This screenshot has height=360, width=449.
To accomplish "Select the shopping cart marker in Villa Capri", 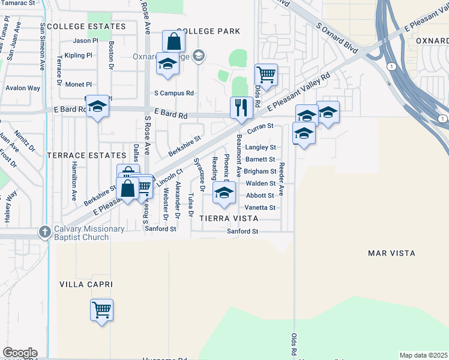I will point(102,310).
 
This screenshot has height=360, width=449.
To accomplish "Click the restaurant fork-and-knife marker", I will point(241,108).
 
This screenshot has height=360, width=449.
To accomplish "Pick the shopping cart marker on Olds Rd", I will point(265,76).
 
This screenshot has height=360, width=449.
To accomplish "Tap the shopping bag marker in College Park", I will point(173,42).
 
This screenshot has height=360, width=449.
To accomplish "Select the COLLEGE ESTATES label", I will point(86,26).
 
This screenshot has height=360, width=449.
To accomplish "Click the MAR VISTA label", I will point(391,253).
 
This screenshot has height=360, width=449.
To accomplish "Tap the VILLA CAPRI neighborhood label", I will point(86,283).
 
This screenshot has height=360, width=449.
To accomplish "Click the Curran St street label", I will point(261,127).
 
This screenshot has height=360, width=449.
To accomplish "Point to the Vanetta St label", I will point(261,208).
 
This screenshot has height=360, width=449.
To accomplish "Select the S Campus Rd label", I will point(174,93).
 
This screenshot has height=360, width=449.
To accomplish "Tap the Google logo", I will point(20,353).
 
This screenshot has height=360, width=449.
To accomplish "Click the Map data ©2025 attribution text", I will point(424,355).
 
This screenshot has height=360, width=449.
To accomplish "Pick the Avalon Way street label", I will point(23,88).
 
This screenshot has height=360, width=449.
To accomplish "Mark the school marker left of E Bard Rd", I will point(97,107).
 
